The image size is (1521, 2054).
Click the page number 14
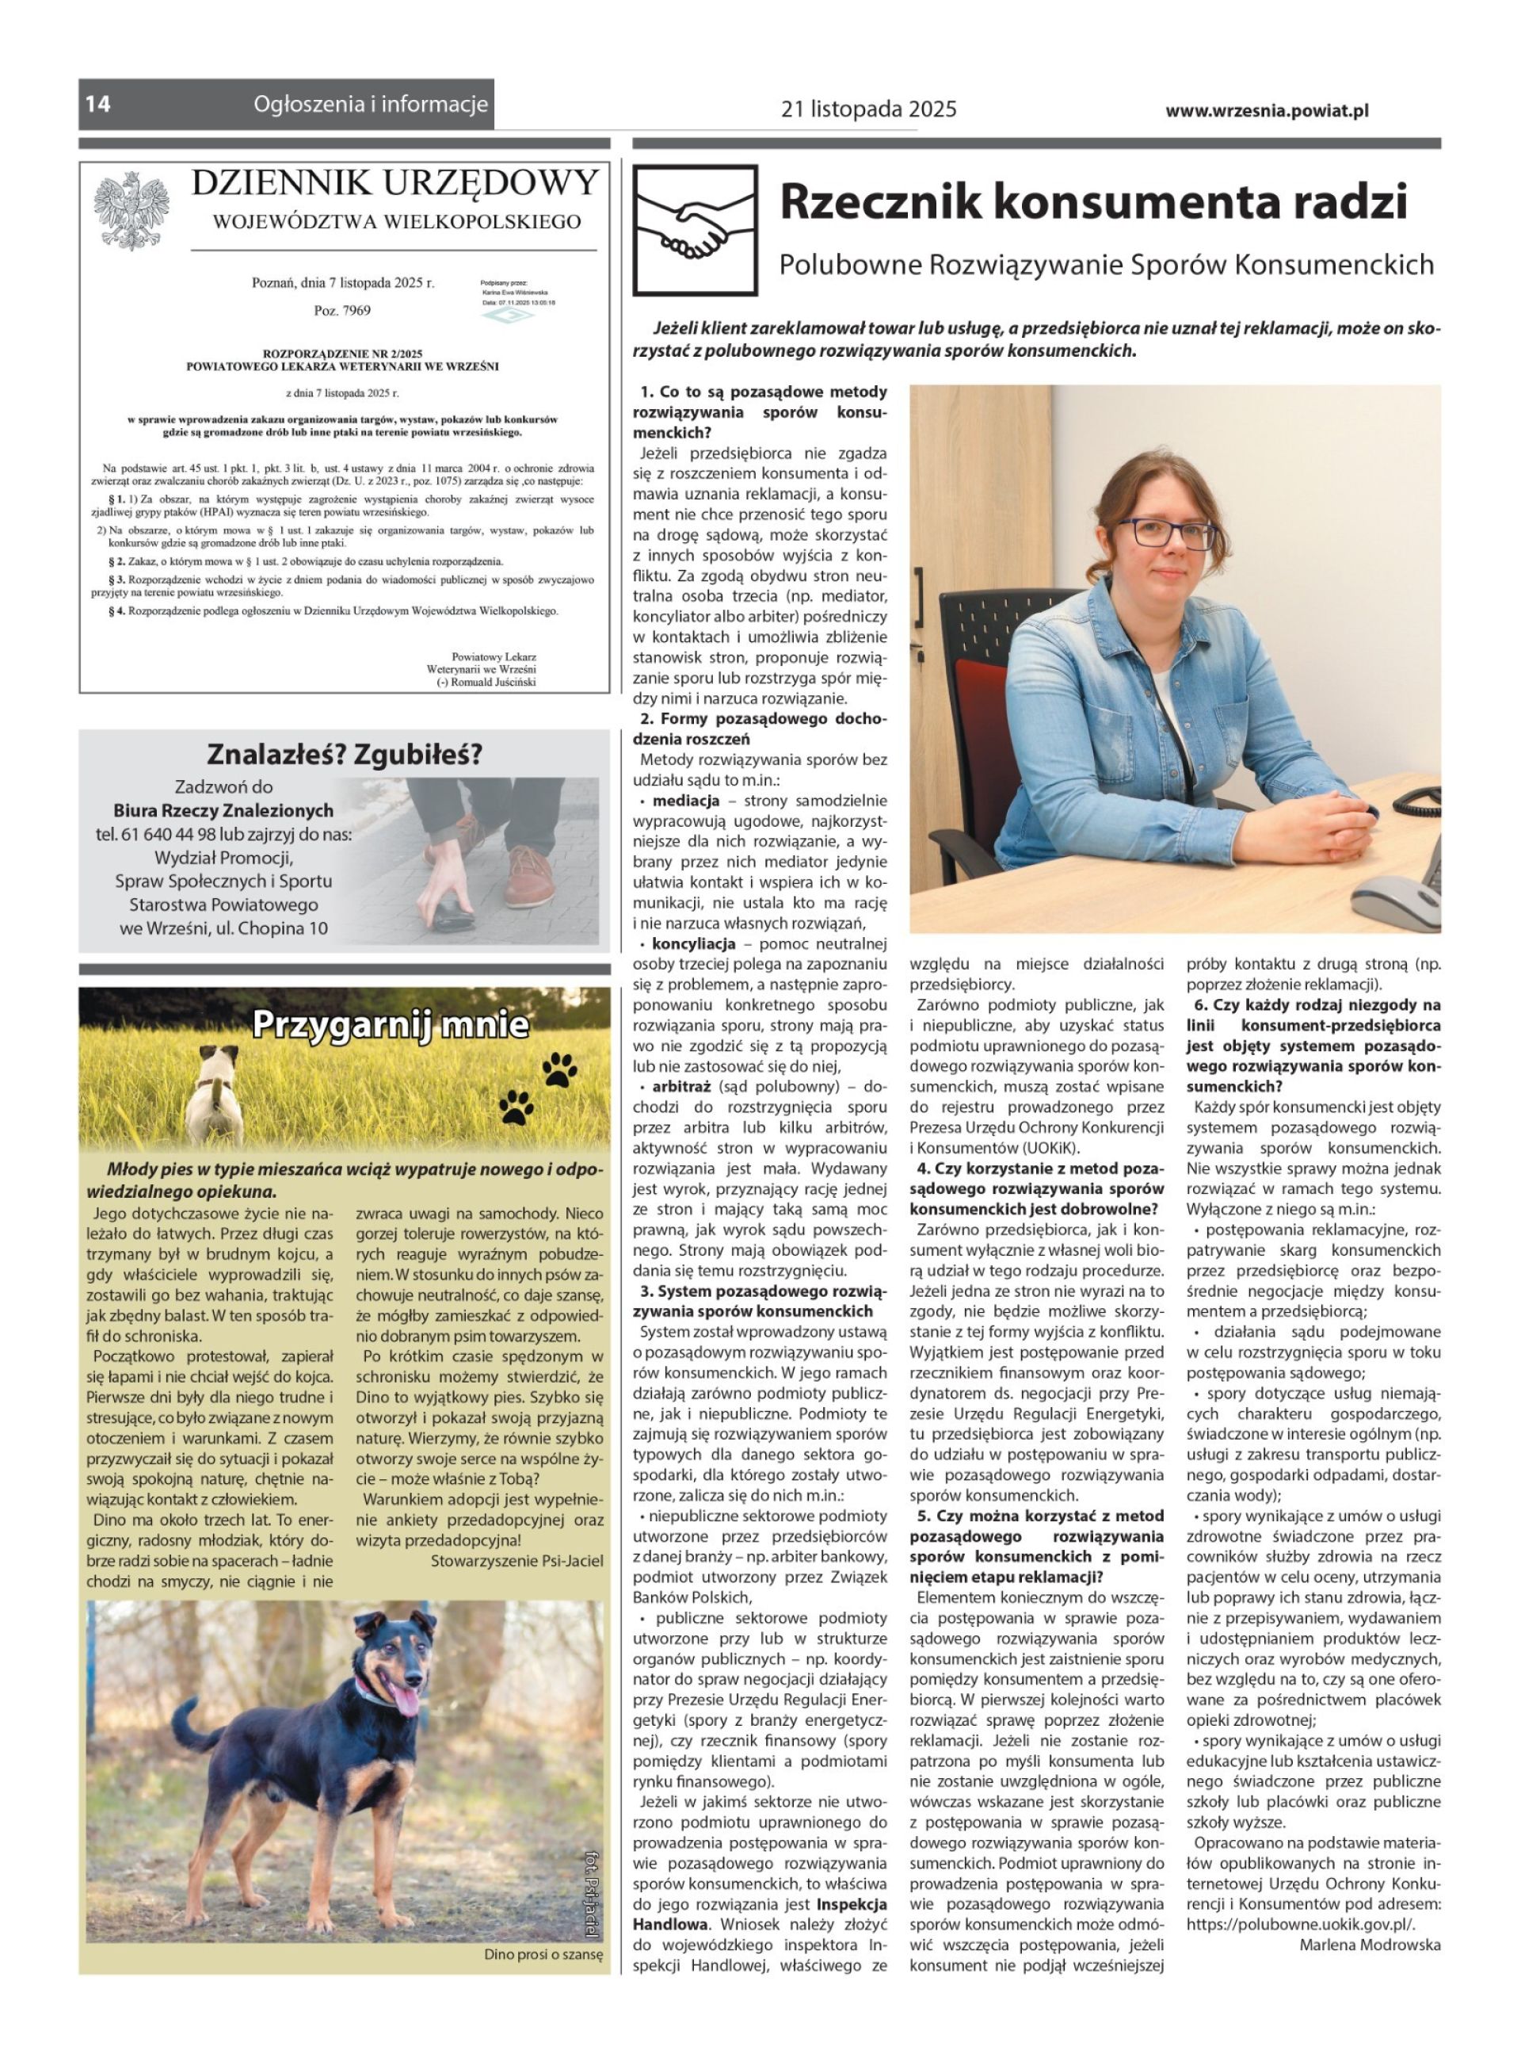pyautogui.click(x=98, y=104)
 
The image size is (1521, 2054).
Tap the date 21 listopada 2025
pyautogui.click(x=868, y=109)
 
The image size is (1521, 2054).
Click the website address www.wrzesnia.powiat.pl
pyautogui.click(x=1266, y=110)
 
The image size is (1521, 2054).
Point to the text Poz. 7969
pyautogui.click(x=341, y=311)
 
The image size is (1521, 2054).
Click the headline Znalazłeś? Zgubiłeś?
pyautogui.click(x=344, y=755)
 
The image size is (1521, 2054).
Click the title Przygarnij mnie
pyautogui.click(x=390, y=1025)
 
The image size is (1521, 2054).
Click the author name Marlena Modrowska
pyautogui.click(x=1369, y=1945)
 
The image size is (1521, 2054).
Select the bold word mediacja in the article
pyautogui.click(x=685, y=801)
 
